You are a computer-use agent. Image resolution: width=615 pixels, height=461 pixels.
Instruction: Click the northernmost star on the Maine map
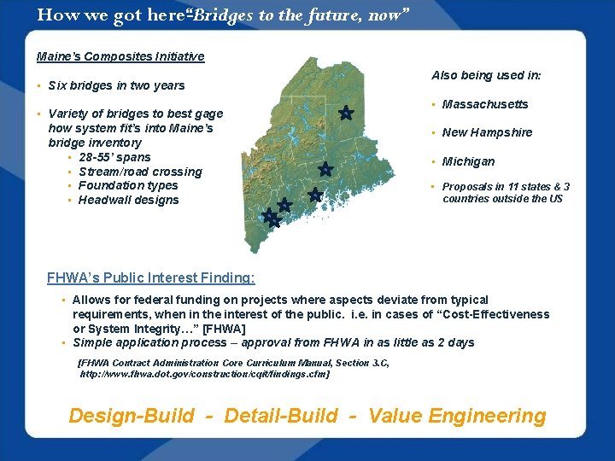[x=346, y=113]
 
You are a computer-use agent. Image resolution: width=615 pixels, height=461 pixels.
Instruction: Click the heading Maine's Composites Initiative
[x=120, y=56]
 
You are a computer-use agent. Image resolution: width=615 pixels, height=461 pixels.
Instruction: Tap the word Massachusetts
[x=485, y=104]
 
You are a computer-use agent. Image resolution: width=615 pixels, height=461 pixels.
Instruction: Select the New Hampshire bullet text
[x=487, y=132]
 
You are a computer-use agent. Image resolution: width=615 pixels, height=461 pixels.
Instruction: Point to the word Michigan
[x=468, y=161]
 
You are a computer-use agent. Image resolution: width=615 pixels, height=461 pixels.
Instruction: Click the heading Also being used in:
[x=486, y=75]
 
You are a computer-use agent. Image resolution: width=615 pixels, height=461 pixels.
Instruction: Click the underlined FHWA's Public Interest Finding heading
[x=150, y=277]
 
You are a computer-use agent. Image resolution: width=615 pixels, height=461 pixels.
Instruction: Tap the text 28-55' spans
[x=114, y=157]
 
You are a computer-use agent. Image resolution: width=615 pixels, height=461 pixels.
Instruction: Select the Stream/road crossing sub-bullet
[x=140, y=172]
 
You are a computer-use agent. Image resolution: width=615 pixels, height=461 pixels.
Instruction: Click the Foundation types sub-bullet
[x=128, y=185]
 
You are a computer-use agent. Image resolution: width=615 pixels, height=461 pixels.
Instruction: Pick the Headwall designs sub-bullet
[x=128, y=200]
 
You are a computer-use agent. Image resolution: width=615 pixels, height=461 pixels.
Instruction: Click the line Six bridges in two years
[x=116, y=85]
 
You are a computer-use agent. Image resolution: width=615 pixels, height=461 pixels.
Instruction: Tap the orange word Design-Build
[x=131, y=416]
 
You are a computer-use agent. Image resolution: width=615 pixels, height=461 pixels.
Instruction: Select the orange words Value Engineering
[x=457, y=416]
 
